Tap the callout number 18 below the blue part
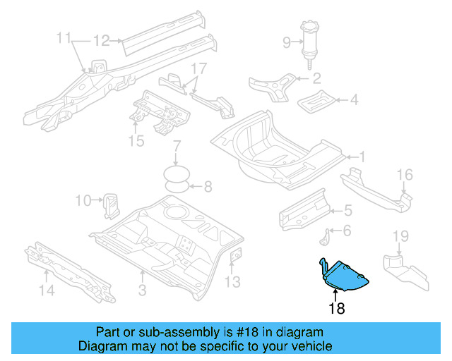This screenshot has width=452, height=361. [337, 308]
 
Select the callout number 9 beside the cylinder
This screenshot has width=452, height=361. [287, 42]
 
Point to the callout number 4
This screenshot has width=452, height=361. [354, 99]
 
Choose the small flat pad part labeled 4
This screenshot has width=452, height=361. [316, 102]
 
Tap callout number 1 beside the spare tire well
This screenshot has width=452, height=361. [362, 157]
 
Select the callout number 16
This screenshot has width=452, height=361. [405, 175]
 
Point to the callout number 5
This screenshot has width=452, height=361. [348, 210]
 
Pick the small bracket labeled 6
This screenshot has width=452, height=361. [325, 238]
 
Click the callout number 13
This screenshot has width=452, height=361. [232, 282]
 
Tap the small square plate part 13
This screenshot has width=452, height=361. [235, 255]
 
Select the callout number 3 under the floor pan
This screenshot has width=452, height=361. [143, 290]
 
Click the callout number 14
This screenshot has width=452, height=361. [47, 290]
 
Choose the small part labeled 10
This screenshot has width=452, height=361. [111, 206]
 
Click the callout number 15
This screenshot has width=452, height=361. [136, 141]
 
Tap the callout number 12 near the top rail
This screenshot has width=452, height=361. [102, 41]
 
